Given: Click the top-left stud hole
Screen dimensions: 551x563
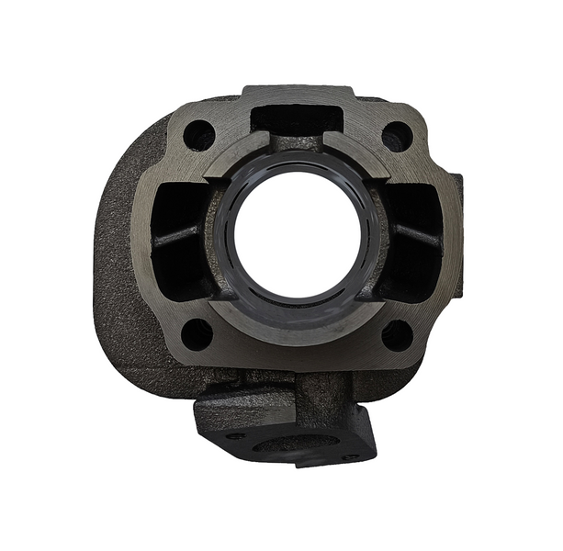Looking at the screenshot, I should click(198, 136).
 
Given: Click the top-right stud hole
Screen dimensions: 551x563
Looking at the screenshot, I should click(397, 136).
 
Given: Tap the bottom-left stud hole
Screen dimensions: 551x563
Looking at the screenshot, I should click(197, 333).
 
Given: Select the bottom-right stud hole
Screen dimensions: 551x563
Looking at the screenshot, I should click(397, 335).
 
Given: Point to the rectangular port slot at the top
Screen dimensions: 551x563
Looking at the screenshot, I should click(297, 118).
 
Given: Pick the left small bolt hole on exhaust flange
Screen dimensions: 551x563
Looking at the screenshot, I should click(236, 435).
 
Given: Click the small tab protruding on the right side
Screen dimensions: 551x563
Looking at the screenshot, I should click(456, 197).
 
